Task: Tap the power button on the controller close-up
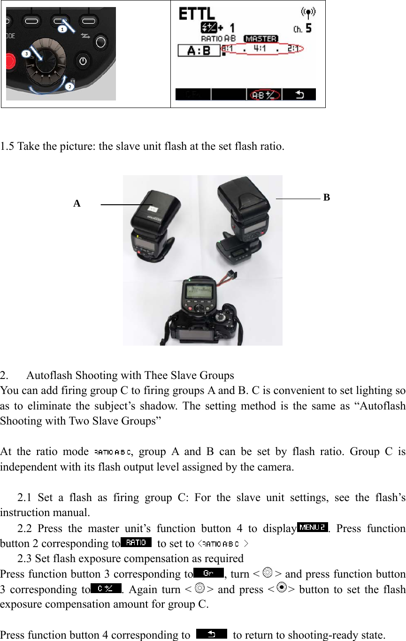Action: tap(83, 61)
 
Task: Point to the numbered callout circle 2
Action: tap(69, 86)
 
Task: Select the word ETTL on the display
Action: tap(196, 15)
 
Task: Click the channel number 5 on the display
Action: tap(308, 29)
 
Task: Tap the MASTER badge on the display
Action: tap(260, 39)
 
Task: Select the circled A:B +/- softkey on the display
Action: tap(264, 95)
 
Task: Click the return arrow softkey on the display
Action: tap(299, 95)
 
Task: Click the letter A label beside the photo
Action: tap(77, 204)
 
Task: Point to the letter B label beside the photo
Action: tap(327, 198)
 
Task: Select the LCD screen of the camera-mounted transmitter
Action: tap(199, 293)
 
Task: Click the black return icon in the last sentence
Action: tap(211, 634)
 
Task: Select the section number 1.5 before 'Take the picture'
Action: tap(8, 147)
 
